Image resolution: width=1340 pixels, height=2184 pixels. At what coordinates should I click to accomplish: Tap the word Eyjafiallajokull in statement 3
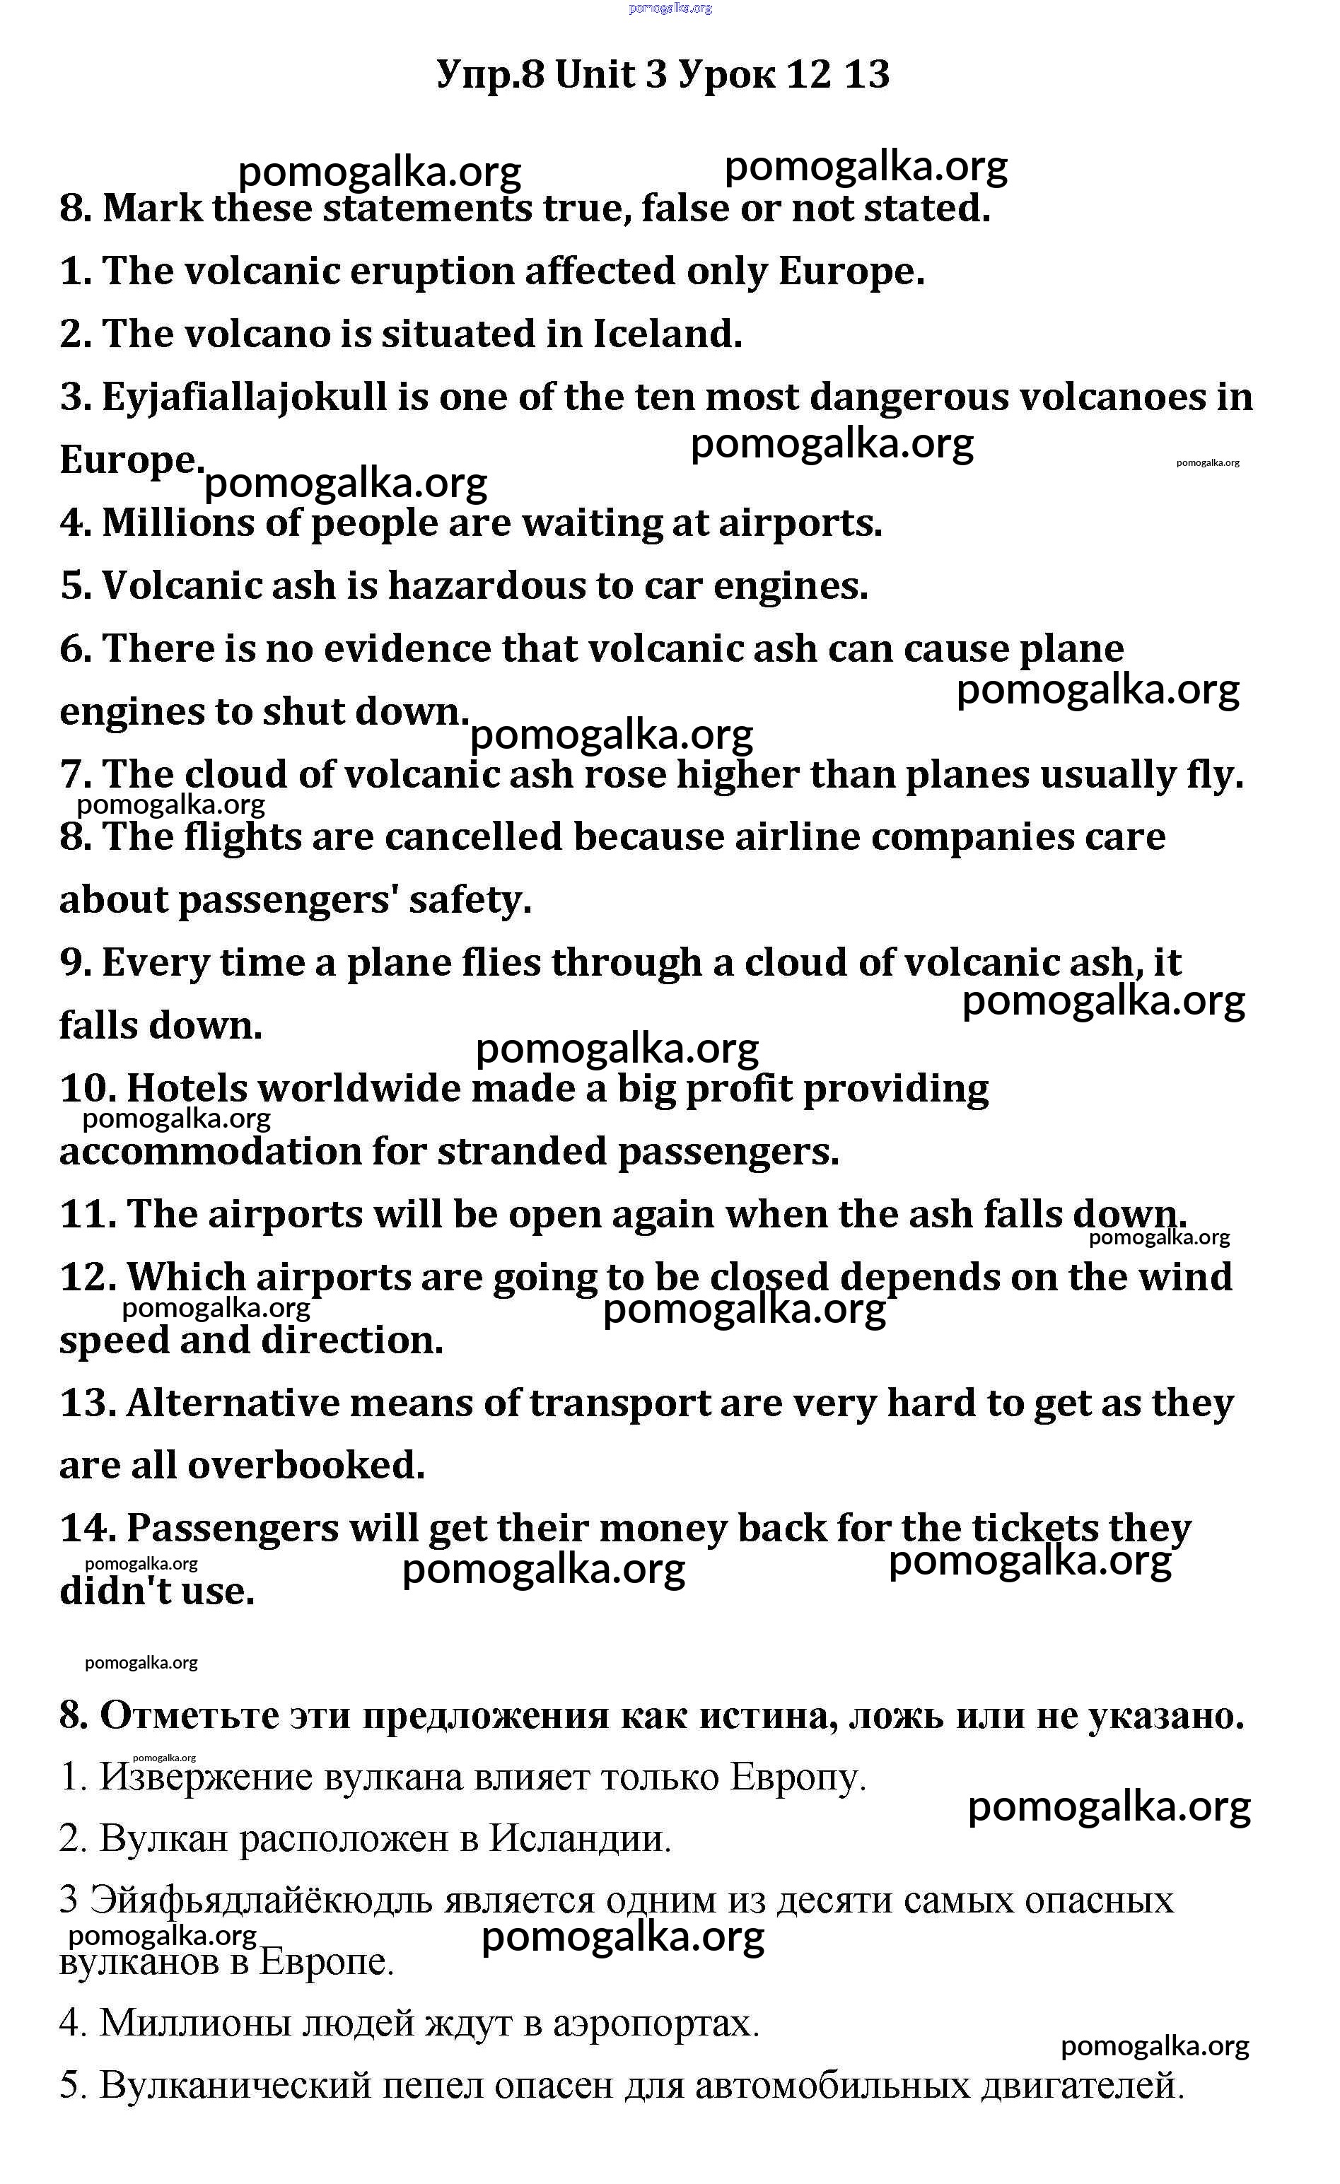pos(245,397)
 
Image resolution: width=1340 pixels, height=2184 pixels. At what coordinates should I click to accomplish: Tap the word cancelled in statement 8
pos(474,838)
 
